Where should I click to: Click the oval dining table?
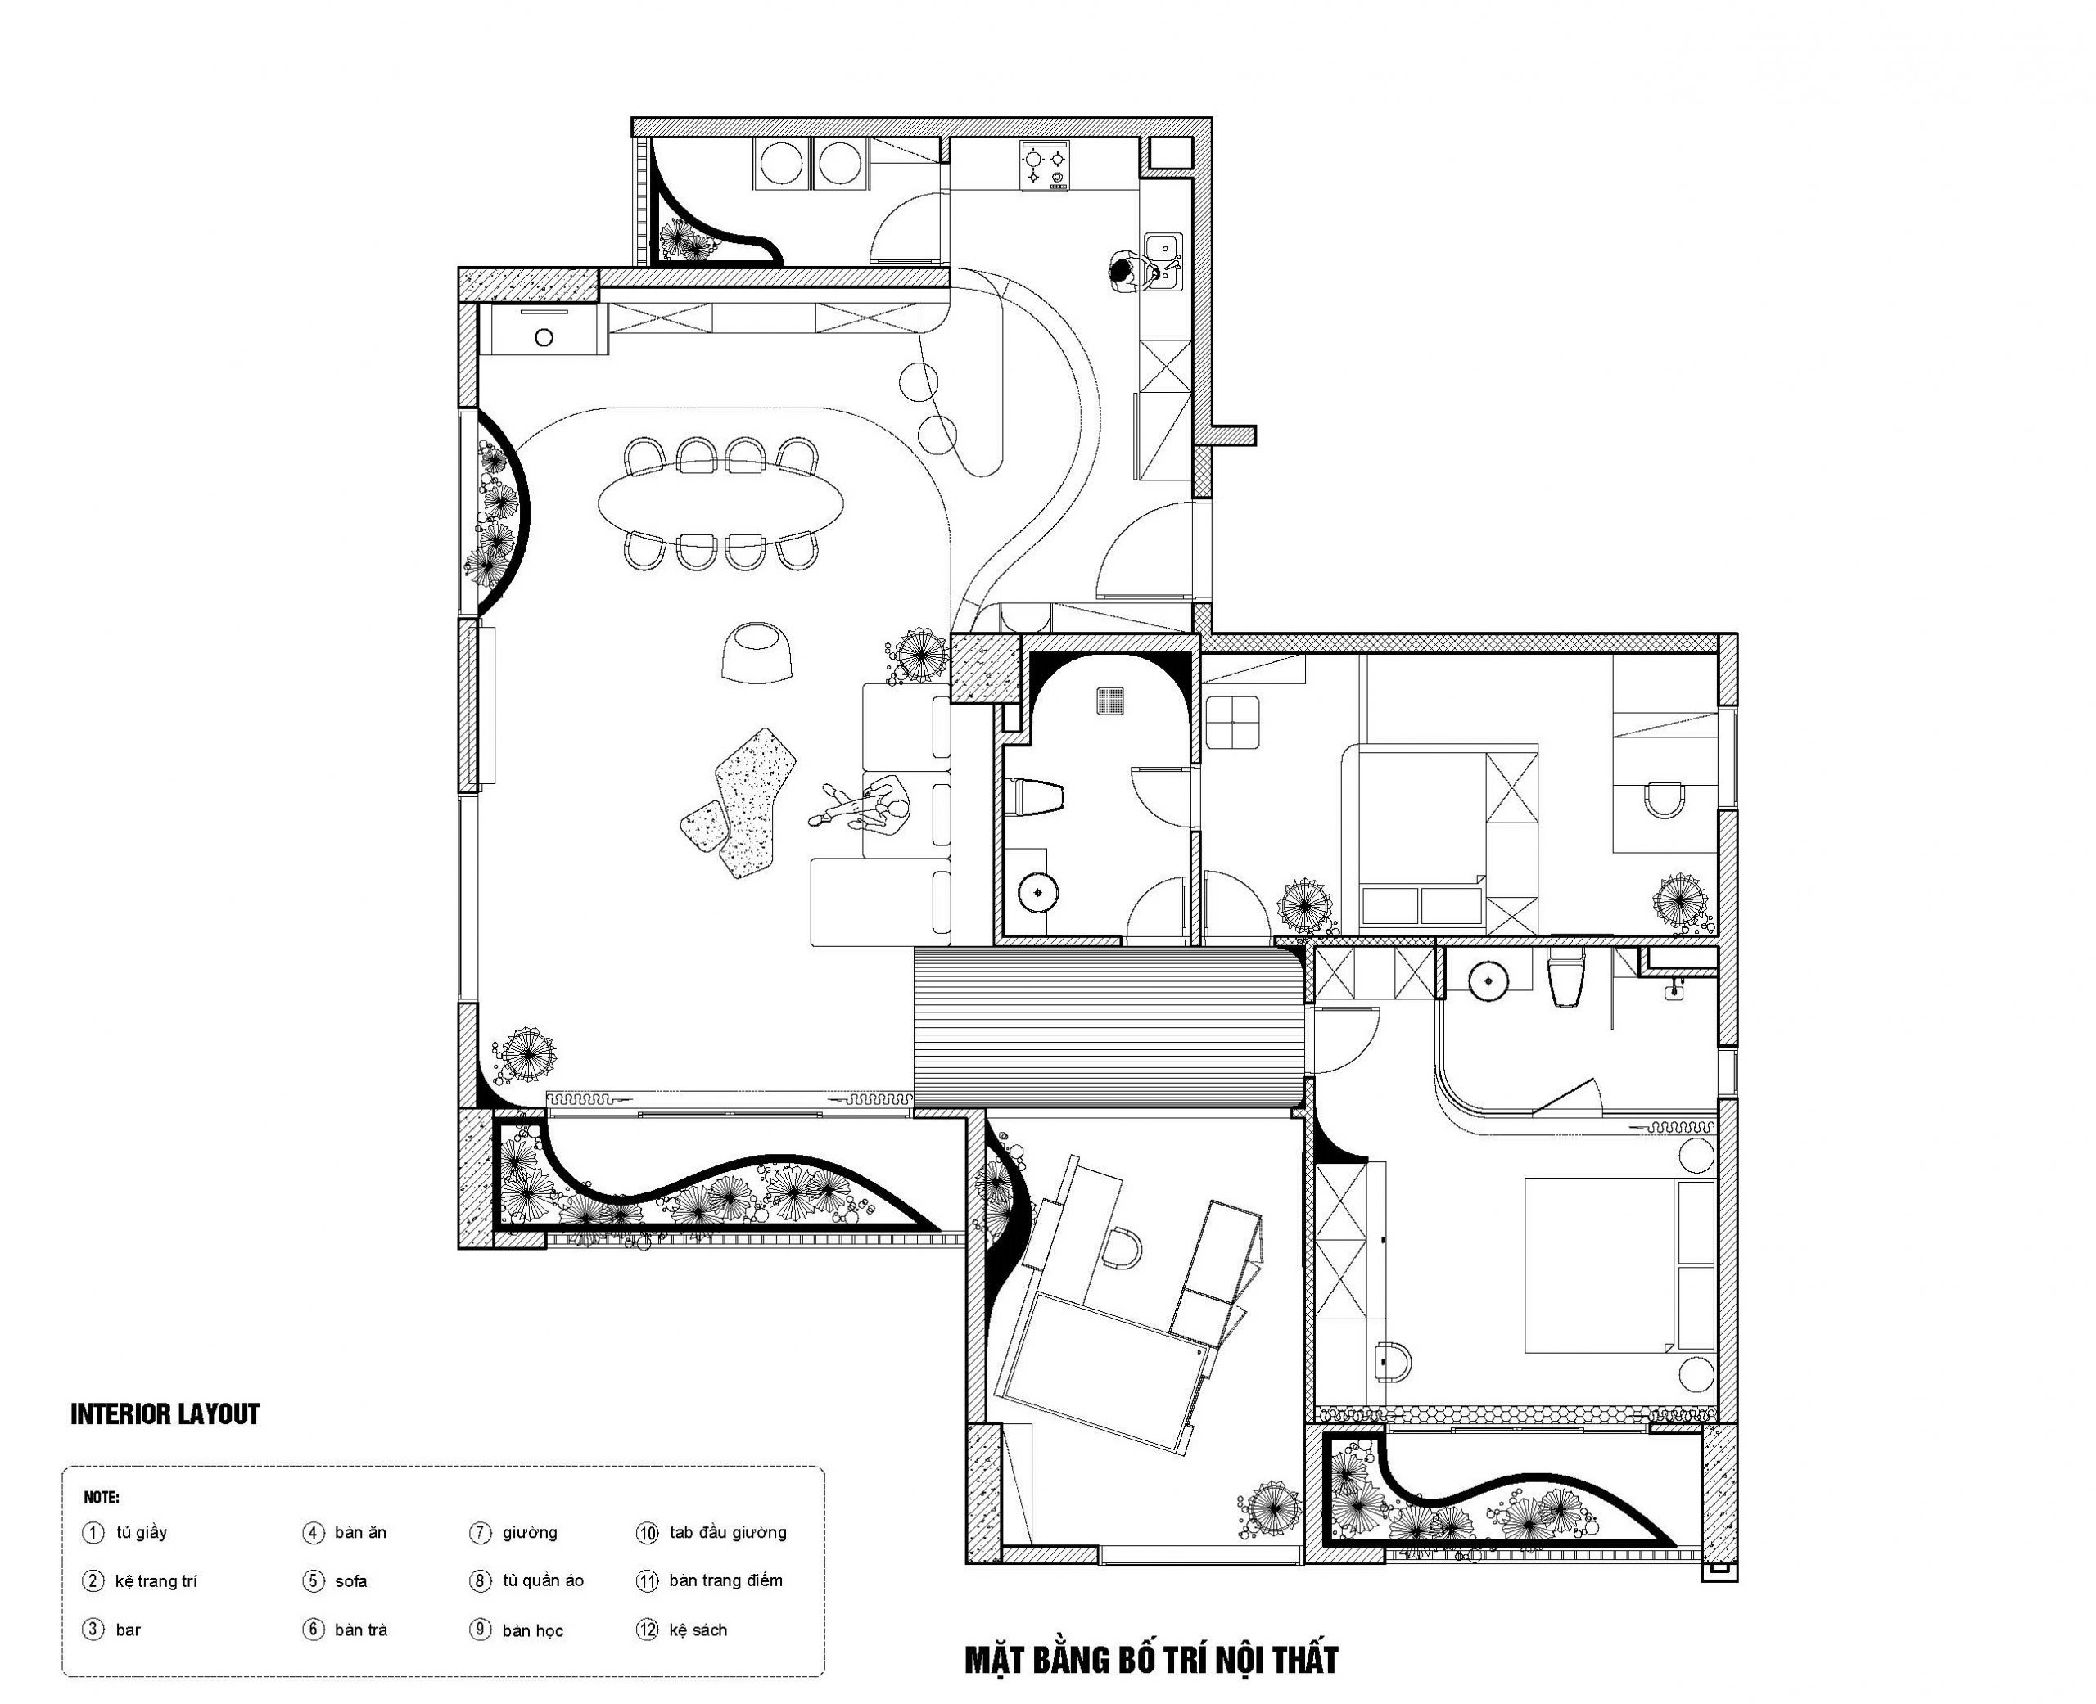(720, 503)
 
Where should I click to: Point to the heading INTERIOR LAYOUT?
(165, 1414)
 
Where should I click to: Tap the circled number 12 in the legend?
(647, 1630)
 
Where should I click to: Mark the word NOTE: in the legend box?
(102, 1498)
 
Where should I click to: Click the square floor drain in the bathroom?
(1110, 700)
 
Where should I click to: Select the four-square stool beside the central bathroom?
(1234, 723)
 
